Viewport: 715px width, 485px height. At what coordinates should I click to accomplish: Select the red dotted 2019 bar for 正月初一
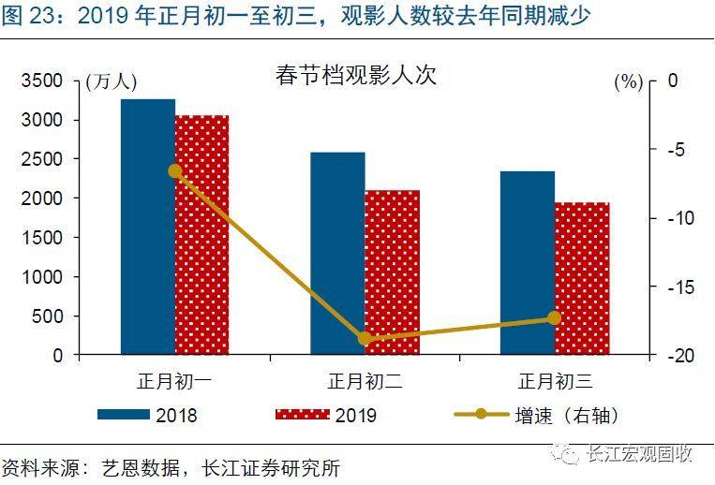coord(201,235)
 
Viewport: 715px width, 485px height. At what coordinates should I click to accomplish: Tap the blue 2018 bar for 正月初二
coord(337,254)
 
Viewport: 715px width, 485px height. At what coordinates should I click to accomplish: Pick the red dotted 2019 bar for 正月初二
coord(392,272)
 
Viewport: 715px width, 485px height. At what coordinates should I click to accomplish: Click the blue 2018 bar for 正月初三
coord(527,263)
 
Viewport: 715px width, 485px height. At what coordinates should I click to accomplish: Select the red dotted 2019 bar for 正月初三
coord(581,279)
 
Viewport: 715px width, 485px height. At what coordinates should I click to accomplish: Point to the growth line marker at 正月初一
coord(175,170)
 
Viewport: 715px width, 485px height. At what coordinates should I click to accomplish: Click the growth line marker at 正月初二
coord(365,339)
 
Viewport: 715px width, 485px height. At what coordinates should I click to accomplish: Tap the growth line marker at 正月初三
coord(554,318)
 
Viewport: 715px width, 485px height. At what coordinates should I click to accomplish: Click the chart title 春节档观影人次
coord(356,75)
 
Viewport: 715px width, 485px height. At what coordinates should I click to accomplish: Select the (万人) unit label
coord(111,82)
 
